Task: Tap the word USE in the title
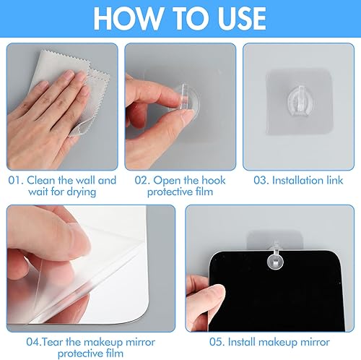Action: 242,19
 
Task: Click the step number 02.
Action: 142,181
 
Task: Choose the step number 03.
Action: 261,181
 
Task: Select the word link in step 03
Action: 335,180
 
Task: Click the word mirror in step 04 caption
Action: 141,342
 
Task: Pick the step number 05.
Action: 217,342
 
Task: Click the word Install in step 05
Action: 242,342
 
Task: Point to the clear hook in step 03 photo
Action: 300,99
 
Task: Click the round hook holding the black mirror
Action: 275,258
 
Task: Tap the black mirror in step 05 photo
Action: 277,291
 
